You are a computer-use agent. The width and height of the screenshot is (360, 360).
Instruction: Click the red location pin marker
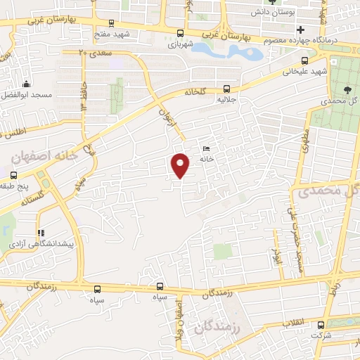coord(181,165)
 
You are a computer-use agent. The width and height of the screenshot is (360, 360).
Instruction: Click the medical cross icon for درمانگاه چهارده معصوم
coord(302,30)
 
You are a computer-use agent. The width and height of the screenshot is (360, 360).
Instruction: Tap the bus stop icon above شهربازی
coord(181,33)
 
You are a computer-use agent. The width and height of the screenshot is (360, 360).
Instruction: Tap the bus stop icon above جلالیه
coord(226,89)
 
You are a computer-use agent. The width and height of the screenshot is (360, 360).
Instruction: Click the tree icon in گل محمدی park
coord(348,88)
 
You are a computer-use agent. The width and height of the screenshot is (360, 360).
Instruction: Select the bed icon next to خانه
coord(206,148)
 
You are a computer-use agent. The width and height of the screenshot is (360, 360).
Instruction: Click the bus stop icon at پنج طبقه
coord(13,174)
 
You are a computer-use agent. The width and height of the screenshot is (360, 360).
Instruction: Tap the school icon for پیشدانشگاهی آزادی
coord(41,232)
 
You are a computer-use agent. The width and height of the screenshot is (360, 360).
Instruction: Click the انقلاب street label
coord(292,323)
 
